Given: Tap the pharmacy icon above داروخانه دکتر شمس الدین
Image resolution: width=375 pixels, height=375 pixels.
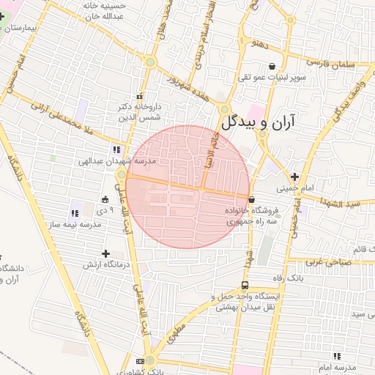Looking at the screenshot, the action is coord(139,97).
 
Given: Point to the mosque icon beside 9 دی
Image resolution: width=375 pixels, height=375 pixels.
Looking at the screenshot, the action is coord(105,199).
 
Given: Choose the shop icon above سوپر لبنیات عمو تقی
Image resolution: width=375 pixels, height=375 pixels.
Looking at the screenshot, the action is coord(272,65).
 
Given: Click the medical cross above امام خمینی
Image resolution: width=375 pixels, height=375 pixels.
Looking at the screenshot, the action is coord(294,177).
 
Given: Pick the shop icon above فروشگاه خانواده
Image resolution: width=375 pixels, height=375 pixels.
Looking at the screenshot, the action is coord(252,199).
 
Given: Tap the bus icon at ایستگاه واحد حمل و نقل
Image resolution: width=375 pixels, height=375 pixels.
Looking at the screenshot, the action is coord(244,286).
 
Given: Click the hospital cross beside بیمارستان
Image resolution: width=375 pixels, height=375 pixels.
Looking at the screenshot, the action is coord(2,15).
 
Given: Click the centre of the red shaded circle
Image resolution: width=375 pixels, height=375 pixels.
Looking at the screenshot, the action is coord(187,187).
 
